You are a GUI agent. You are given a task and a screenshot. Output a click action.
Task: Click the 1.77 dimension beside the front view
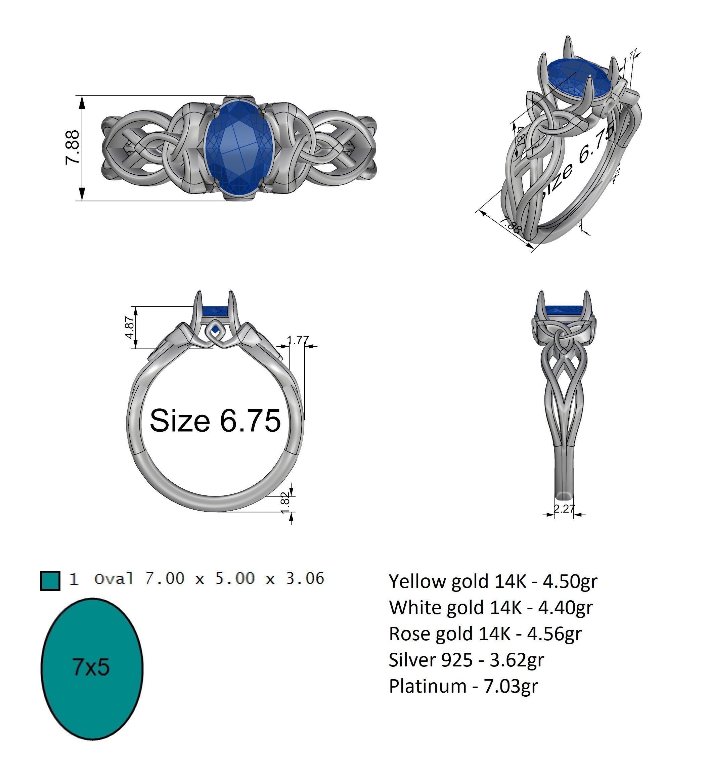(298, 340)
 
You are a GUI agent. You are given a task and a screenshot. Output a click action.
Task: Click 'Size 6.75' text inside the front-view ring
(215, 421)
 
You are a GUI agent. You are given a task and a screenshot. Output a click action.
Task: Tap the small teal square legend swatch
(50, 581)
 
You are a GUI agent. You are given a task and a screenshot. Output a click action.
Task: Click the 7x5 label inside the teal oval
(91, 667)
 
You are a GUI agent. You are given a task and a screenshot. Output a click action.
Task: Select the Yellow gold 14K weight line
(493, 581)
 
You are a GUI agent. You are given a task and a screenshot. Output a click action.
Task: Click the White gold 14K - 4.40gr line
(490, 607)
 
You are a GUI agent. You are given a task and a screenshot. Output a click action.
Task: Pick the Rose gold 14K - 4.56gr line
(485, 634)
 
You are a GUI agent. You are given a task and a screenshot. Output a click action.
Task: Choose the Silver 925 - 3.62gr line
(466, 659)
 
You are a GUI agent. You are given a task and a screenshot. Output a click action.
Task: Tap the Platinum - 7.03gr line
(463, 686)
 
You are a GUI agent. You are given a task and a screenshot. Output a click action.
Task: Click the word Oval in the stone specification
(114, 579)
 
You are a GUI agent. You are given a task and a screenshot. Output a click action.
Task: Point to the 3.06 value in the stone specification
(305, 578)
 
